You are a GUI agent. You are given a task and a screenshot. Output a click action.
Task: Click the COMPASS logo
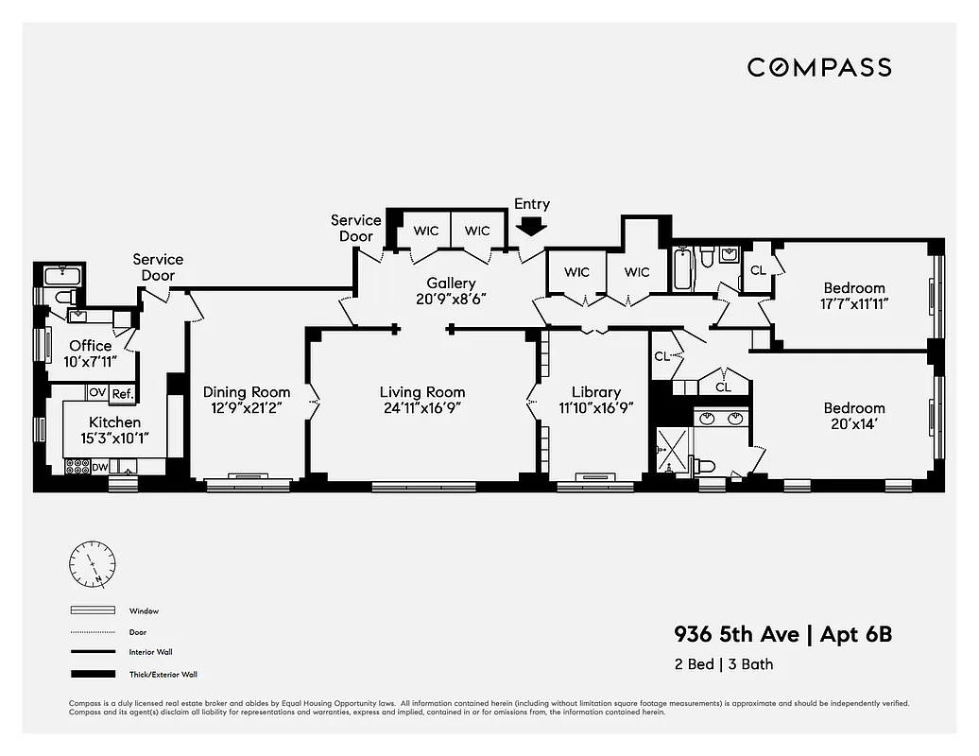pos(819,67)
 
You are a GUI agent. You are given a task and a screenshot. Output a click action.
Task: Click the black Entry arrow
pos(532,226)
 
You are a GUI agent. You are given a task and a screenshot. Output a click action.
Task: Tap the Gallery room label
pos(451,283)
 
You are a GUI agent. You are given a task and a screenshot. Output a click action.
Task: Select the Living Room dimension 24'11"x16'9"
pos(422,408)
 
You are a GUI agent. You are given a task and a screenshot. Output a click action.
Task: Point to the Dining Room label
pos(247,392)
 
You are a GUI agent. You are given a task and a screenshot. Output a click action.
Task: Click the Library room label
pos(596,392)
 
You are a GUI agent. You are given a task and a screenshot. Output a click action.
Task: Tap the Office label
pos(90,346)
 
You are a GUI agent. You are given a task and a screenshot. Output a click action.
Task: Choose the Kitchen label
pos(114,422)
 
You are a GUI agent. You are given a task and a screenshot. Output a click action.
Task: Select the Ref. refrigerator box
pos(123,394)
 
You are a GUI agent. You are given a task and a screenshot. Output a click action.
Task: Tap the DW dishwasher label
pos(100,467)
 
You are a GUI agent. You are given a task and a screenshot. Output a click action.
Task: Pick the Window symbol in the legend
pos(92,610)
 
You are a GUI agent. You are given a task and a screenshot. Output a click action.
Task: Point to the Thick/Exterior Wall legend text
pos(163,675)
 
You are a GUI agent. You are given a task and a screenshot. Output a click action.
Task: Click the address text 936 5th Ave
pos(735,634)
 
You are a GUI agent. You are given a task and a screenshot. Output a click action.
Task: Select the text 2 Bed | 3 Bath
pos(723,663)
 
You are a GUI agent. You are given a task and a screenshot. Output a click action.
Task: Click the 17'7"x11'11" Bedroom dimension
pos(854,304)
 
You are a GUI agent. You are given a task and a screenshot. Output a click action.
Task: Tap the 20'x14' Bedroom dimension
pos(854,424)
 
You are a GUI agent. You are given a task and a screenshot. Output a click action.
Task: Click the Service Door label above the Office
pos(158,267)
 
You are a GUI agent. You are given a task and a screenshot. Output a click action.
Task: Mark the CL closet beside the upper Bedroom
pos(758,270)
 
